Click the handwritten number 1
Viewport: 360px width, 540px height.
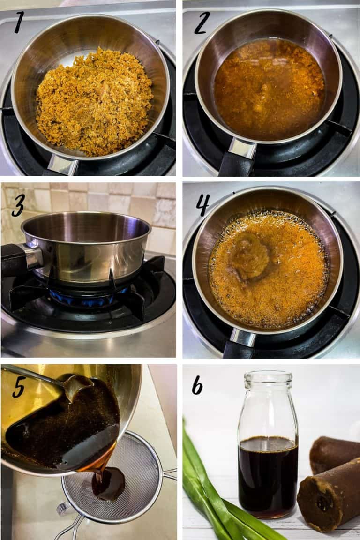(x=18, y=23)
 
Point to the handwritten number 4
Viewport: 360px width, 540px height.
(x=202, y=204)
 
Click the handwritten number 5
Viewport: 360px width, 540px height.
(x=19, y=387)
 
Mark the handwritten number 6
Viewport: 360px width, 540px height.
(x=197, y=385)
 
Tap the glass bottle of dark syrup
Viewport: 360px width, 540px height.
(x=268, y=450)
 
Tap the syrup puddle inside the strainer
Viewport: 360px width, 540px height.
(x=108, y=483)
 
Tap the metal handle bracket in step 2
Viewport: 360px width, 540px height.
(x=242, y=149)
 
